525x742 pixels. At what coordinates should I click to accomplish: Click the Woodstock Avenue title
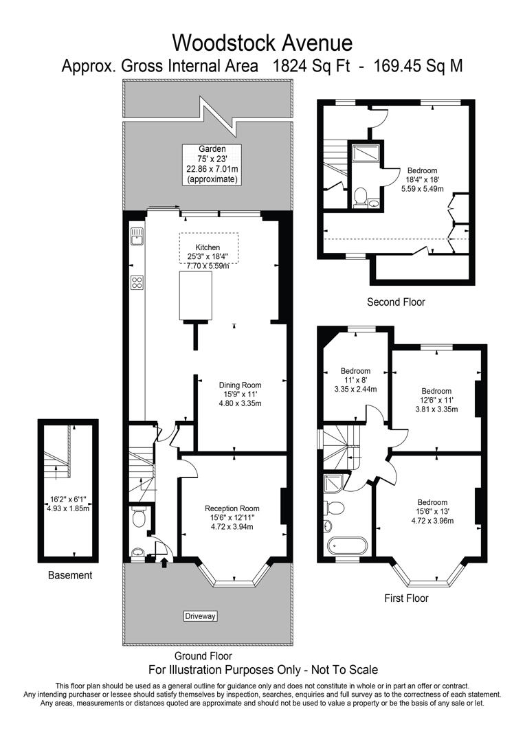coord(262,43)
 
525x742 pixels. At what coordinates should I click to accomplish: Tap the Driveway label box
coord(200,616)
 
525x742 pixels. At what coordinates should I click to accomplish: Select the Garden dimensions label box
coord(212,164)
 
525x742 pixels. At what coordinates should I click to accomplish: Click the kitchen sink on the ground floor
coord(137,235)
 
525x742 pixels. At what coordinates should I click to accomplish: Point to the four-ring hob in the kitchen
coord(137,282)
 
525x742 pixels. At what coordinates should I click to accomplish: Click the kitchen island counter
coord(195,296)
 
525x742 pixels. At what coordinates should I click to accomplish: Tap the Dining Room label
coord(240,385)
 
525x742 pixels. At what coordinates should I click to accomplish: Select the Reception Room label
coord(232,508)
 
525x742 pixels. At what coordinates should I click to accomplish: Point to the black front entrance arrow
coord(164,562)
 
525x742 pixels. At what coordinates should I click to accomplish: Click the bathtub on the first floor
coord(346,545)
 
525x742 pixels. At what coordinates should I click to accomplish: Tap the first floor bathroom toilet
coord(334,507)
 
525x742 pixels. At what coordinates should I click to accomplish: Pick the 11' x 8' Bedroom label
coord(355,371)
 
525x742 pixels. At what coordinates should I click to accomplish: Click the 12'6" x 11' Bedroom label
coord(436,391)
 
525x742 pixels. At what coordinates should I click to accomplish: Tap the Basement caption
coord(70,576)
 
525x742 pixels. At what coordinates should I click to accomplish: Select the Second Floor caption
coord(396,302)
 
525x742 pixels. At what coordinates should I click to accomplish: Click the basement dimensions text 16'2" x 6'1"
coord(68,498)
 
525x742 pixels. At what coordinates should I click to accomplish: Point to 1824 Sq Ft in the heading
coord(311,66)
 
